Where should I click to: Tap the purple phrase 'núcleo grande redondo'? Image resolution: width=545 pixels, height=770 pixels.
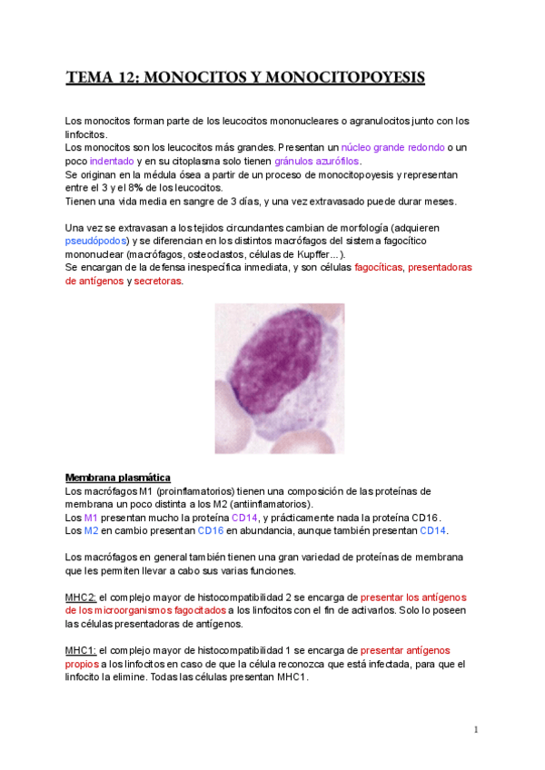[x=393, y=147]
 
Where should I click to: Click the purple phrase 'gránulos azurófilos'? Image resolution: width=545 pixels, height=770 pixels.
[x=318, y=161]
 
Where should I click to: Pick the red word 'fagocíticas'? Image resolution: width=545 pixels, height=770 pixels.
[x=379, y=268]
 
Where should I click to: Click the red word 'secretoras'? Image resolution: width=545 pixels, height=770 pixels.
[x=158, y=281]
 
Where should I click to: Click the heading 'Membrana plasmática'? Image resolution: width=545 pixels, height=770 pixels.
[x=117, y=478]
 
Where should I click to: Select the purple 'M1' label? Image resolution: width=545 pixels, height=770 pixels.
[x=91, y=517]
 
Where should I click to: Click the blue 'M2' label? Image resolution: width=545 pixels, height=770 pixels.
[x=91, y=530]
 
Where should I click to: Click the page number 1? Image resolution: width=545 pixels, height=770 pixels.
[x=475, y=730]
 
